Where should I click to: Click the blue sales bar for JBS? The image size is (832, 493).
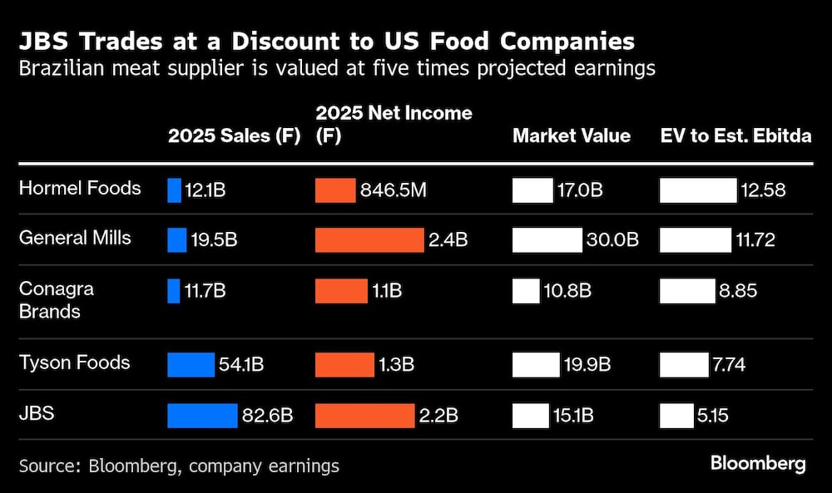pos(202,415)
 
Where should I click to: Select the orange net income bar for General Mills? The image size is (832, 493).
pos(369,240)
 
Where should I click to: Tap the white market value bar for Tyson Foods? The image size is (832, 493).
pos(536,364)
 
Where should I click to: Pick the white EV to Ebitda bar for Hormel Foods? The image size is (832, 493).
pos(698,190)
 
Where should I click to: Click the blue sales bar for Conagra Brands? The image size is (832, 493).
pos(174,291)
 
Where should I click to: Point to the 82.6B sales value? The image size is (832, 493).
pos(267,415)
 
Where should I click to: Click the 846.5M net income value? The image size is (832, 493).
pos(394,190)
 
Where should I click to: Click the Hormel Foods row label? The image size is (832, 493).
pos(80,189)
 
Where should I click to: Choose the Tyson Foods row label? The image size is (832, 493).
pos(75,363)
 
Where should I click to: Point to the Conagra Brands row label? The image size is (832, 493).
pos(57,300)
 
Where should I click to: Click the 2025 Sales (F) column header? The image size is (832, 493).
pos(234,137)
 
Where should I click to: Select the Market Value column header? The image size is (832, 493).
pos(571,137)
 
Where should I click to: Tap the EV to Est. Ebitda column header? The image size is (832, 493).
pos(735,137)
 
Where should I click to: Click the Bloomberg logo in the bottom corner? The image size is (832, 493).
pos(757,464)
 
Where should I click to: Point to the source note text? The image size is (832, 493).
pos(179,466)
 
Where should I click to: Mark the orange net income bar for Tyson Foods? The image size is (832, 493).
pos(344,364)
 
